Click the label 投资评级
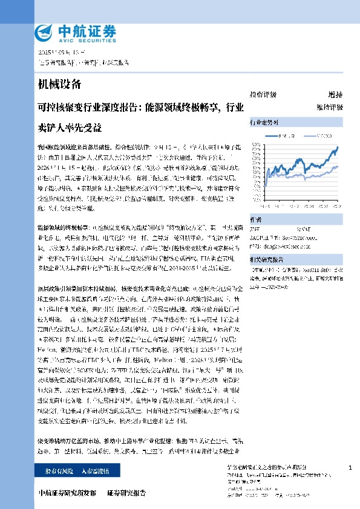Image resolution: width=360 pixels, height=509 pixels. (263, 94)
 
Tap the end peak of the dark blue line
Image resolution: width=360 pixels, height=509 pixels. (337, 146)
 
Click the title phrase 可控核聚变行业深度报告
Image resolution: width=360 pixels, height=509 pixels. (88, 109)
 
